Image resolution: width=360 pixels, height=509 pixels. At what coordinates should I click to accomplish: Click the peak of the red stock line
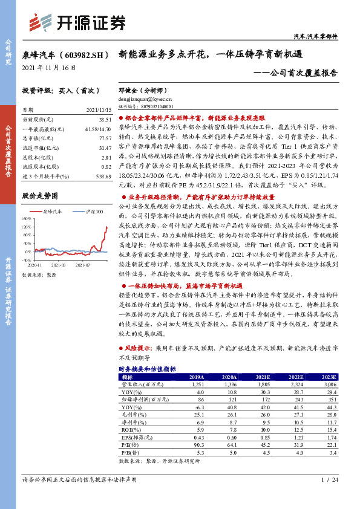point(106,227)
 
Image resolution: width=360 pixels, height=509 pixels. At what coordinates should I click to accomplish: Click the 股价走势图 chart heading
point(39,196)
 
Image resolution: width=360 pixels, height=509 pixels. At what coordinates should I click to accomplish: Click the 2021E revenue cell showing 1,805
point(263,384)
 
